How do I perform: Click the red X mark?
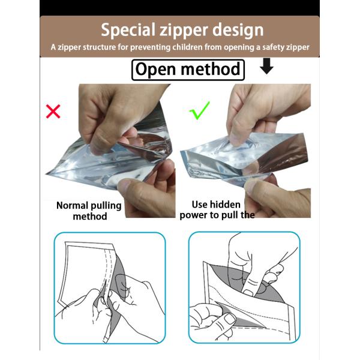(x=53, y=112)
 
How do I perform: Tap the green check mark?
(x=200, y=110)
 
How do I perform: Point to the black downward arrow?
(x=266, y=66)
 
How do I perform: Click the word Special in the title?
(x=128, y=30)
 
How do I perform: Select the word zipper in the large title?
(x=184, y=31)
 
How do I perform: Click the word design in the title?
(x=238, y=30)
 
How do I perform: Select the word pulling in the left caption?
(x=106, y=206)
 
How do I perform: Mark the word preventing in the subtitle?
(x=151, y=47)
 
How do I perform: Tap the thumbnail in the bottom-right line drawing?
(x=229, y=319)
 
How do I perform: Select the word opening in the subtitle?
(x=239, y=47)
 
